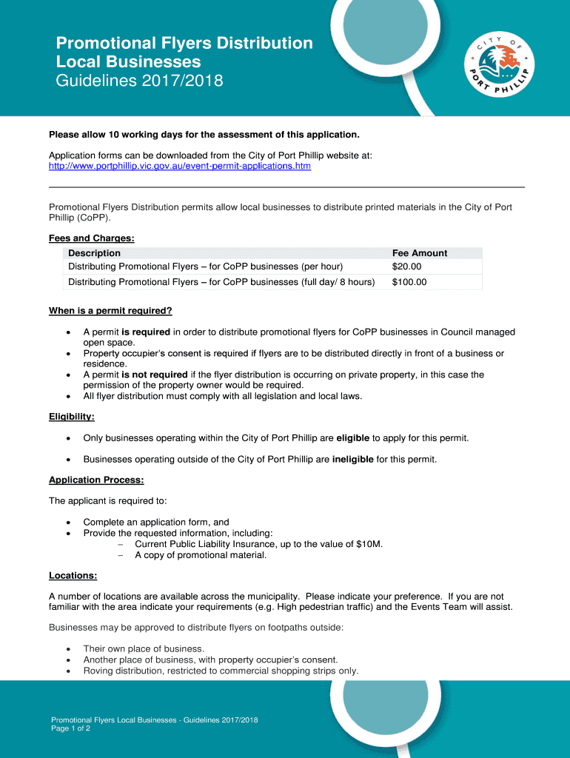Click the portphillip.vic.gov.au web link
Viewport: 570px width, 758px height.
click(x=180, y=167)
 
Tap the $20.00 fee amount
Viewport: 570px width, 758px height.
click(x=406, y=266)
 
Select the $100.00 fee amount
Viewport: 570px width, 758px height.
click(x=409, y=282)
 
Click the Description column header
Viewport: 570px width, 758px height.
click(x=94, y=253)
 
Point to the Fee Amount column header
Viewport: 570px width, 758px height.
click(x=420, y=253)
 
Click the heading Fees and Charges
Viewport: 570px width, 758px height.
click(x=92, y=238)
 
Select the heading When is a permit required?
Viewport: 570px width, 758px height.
click(x=110, y=311)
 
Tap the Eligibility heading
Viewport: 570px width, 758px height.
click(x=71, y=417)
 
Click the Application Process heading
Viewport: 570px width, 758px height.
click(x=96, y=480)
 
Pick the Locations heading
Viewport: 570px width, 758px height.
click(x=73, y=575)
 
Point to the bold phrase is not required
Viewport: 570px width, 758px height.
click(x=155, y=375)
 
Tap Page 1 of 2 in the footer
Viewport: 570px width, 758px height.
click(x=70, y=728)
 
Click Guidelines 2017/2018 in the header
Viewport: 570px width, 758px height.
click(x=139, y=81)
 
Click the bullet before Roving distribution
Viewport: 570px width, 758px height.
click(x=69, y=671)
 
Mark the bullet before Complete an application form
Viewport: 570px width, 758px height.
click(x=69, y=522)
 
